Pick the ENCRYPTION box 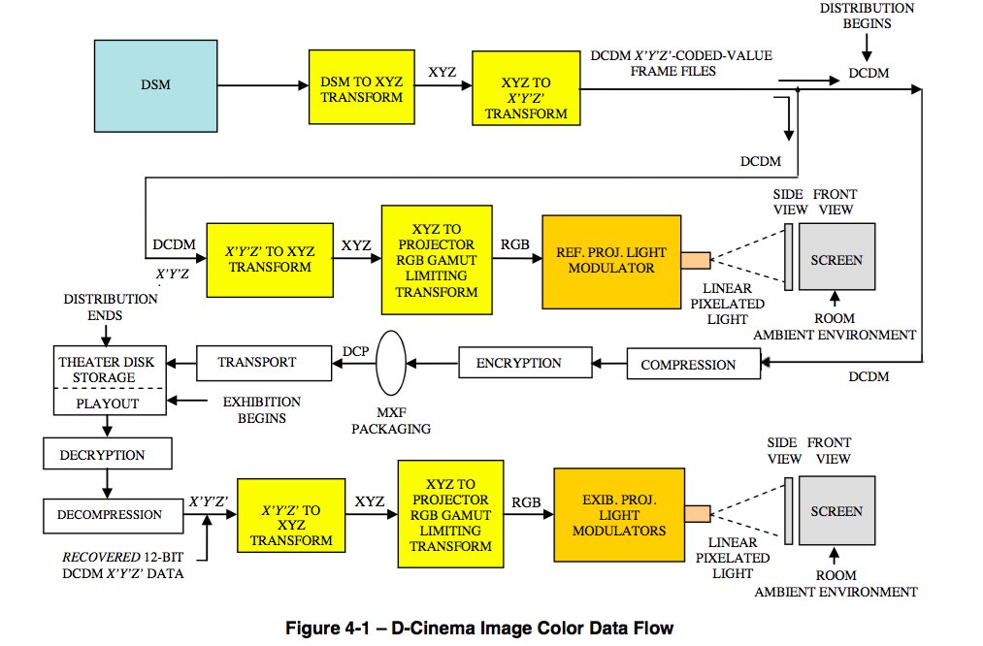[518, 364]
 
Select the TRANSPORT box [256, 363]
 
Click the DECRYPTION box [107, 455]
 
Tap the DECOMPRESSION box [114, 515]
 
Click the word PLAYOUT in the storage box [108, 403]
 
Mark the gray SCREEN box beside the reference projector [836, 259]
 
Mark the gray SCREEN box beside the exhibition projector [836, 511]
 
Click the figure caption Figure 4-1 [478, 629]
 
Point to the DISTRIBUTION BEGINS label [868, 15]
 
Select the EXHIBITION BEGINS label [261, 409]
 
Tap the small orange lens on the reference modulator [695, 260]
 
